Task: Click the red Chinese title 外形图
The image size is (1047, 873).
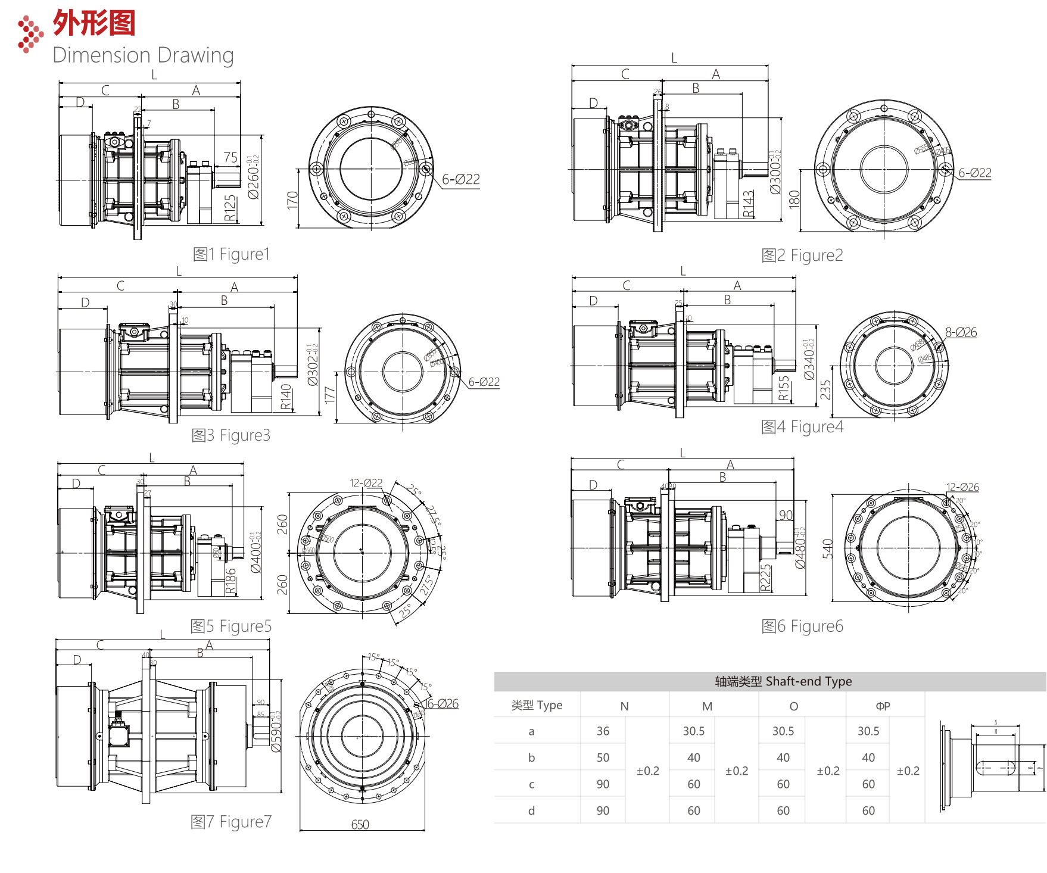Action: (94, 23)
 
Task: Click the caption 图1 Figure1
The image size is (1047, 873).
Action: (231, 254)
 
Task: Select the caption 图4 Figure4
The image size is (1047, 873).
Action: (802, 427)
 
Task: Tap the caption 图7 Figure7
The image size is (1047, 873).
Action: (230, 822)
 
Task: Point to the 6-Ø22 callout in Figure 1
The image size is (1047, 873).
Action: (460, 179)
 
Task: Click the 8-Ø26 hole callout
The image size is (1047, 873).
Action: (961, 332)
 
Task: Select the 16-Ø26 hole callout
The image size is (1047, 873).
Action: (441, 704)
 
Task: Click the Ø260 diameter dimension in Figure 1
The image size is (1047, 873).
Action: (254, 177)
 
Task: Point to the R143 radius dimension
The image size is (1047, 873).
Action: (749, 204)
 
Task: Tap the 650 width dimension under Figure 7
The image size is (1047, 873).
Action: (360, 825)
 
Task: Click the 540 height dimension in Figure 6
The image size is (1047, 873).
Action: (828, 548)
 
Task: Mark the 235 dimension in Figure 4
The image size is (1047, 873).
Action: (825, 389)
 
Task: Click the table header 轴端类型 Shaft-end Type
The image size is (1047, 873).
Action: (783, 681)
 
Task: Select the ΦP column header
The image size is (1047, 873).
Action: (883, 706)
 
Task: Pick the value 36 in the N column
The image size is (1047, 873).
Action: (603, 731)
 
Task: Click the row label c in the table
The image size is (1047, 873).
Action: (531, 784)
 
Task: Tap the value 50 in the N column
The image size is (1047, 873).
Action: (603, 758)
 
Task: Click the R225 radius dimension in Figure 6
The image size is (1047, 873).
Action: (766, 577)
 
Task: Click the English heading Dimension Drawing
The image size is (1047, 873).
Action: (143, 55)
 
